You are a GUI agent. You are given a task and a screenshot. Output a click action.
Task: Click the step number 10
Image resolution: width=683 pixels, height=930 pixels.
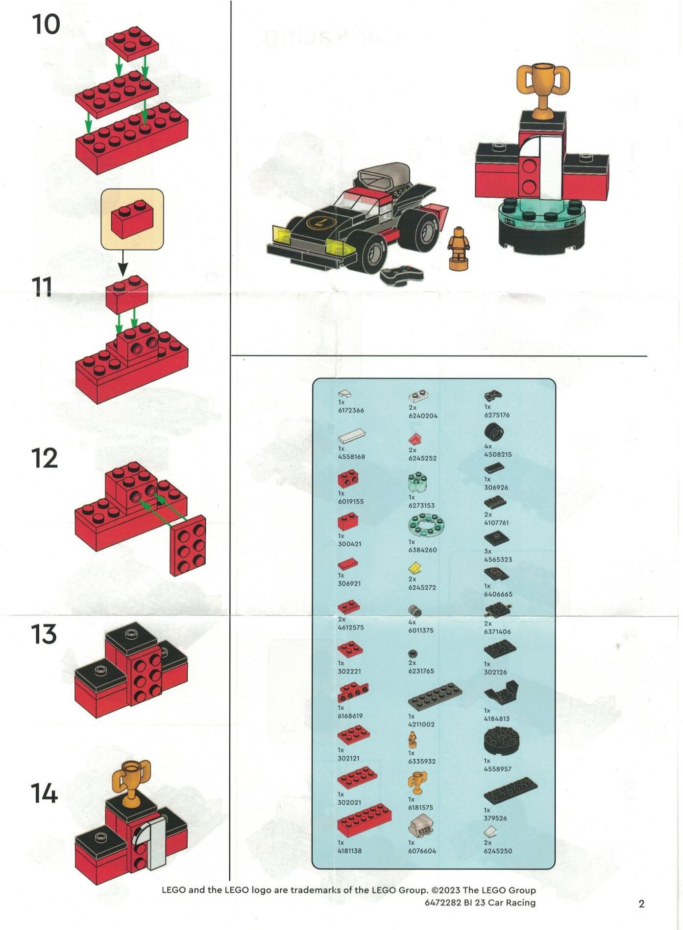coord(47,24)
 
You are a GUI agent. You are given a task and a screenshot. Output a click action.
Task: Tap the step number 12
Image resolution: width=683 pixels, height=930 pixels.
coord(44,458)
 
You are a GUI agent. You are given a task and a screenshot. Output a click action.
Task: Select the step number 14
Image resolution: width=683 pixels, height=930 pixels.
coord(44,793)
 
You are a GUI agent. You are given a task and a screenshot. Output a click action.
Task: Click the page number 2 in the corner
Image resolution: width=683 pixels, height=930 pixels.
coord(641,904)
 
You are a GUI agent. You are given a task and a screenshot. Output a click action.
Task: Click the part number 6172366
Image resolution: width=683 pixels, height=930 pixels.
coord(351,410)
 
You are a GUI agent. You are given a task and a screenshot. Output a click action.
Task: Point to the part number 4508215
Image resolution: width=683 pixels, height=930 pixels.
coord(498,454)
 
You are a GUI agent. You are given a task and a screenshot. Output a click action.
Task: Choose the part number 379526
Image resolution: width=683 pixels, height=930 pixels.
coord(495,818)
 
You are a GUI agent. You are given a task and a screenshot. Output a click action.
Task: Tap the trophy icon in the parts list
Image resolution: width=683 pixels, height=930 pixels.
coord(417,782)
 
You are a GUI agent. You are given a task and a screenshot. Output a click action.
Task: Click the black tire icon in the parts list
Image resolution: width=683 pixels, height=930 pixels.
coord(494,432)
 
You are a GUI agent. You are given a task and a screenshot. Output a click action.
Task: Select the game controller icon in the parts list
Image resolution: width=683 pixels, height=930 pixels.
coord(493,395)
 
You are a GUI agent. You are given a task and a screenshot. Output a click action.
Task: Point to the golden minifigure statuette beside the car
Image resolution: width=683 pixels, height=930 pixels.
coord(459,248)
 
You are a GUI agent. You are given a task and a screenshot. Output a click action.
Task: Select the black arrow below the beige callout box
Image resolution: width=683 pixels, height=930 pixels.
coord(122,263)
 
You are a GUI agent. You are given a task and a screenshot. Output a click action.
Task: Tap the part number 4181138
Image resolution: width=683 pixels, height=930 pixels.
coord(350,851)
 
